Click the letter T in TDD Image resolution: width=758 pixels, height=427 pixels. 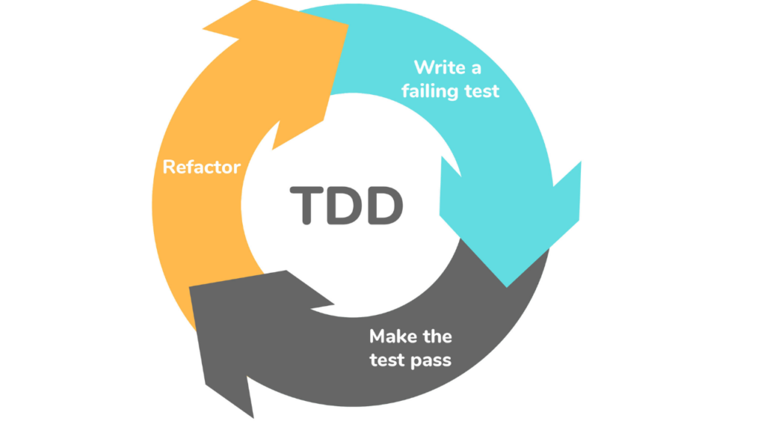pyautogui.click(x=304, y=205)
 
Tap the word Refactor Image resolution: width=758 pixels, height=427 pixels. pyautogui.click(x=201, y=166)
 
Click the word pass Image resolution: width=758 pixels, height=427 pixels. pyautogui.click(x=433, y=361)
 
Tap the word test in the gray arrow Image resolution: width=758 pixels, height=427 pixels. pyautogui.click(x=389, y=360)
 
